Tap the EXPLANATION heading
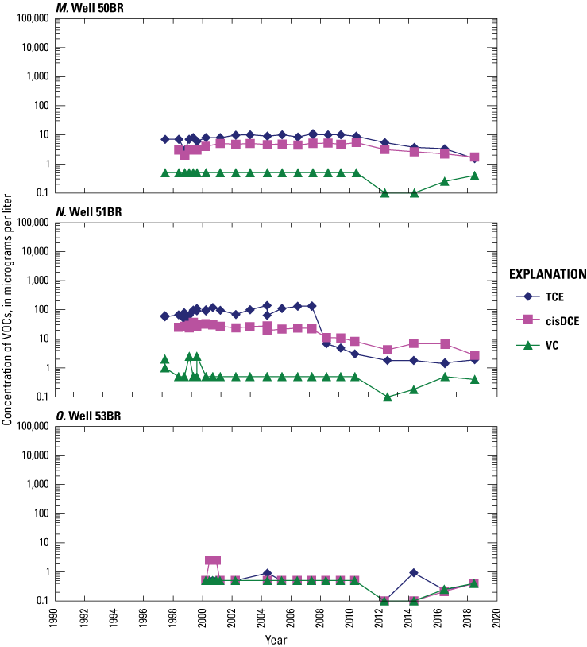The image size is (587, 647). pyautogui.click(x=547, y=275)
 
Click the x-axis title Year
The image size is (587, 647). pyautogui.click(x=276, y=639)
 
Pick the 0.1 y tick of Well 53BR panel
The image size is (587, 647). pyautogui.click(x=39, y=601)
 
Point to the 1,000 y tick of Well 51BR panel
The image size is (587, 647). pyautogui.click(x=35, y=281)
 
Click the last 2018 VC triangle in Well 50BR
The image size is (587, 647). pyautogui.click(x=474, y=175)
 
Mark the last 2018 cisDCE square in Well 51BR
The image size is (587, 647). pyautogui.click(x=474, y=356)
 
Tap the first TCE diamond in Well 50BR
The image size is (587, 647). pyautogui.click(x=165, y=139)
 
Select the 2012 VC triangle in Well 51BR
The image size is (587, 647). pyautogui.click(x=385, y=396)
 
